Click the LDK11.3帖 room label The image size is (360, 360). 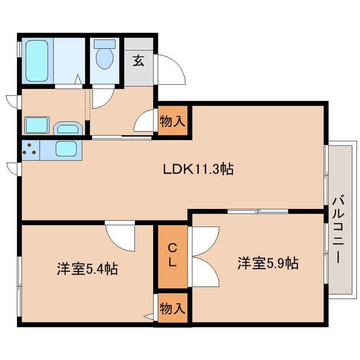coord(198,169)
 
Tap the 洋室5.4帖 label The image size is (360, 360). coord(88,269)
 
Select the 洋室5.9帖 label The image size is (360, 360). coord(268,263)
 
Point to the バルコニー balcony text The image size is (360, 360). coord(338,229)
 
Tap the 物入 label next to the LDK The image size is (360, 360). coord(172,121)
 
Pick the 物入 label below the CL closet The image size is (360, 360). coord(172,308)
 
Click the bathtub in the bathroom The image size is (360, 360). coord(37,61)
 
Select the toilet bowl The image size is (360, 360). coord(104,59)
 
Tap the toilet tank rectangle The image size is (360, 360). coord(104,44)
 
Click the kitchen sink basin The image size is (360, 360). coord(66,149)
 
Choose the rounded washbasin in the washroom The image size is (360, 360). coord(68,129)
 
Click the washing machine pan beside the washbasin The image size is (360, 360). coord(37,125)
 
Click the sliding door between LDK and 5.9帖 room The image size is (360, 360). coord(257,211)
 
